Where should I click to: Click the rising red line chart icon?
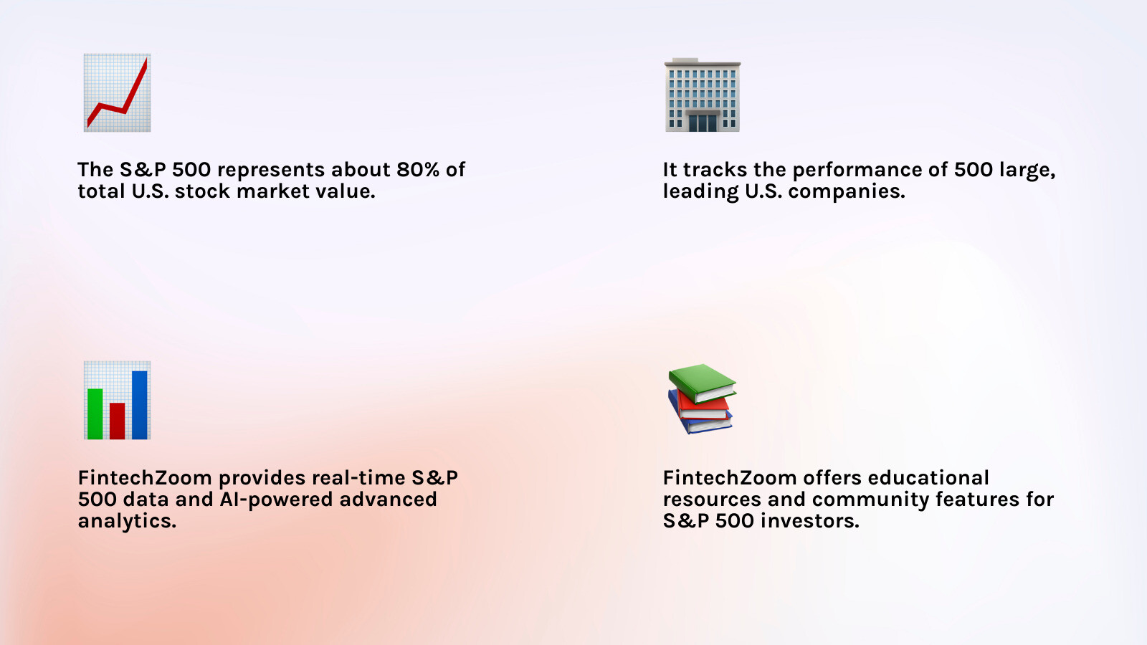point(118,92)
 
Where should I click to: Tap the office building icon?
point(703,95)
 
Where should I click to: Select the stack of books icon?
point(702,398)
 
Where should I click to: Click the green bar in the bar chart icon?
point(95,414)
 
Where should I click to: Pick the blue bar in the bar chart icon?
point(139,405)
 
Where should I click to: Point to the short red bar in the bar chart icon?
point(118,421)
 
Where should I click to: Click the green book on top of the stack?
point(703,383)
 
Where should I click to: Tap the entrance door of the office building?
point(703,123)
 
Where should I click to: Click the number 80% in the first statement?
point(418,169)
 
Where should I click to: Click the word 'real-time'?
point(358,478)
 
